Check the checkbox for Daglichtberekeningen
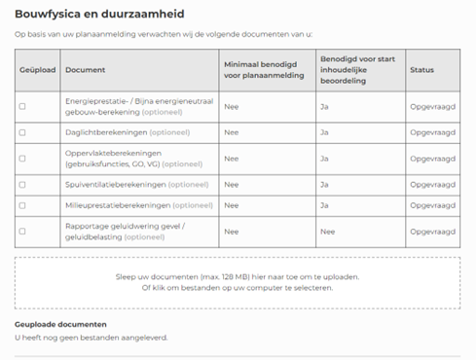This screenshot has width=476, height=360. point(22,132)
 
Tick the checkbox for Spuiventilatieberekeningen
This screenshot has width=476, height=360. point(22,183)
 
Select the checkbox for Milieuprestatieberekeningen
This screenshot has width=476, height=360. point(22,205)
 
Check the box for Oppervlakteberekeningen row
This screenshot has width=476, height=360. point(22,158)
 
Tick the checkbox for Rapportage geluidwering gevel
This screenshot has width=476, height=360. point(22,232)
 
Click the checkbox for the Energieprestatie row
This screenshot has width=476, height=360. point(22,105)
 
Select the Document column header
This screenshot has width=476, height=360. point(86,70)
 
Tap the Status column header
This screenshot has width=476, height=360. point(421,70)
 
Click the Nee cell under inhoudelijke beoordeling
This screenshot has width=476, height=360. point(327,232)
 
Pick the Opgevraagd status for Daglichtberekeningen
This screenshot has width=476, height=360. point(432,132)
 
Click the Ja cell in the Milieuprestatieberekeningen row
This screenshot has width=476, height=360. point(324,205)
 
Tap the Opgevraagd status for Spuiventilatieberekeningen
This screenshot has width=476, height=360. point(432,183)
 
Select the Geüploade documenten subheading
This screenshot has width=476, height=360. point(60,324)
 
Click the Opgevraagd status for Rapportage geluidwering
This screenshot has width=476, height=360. point(432,232)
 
